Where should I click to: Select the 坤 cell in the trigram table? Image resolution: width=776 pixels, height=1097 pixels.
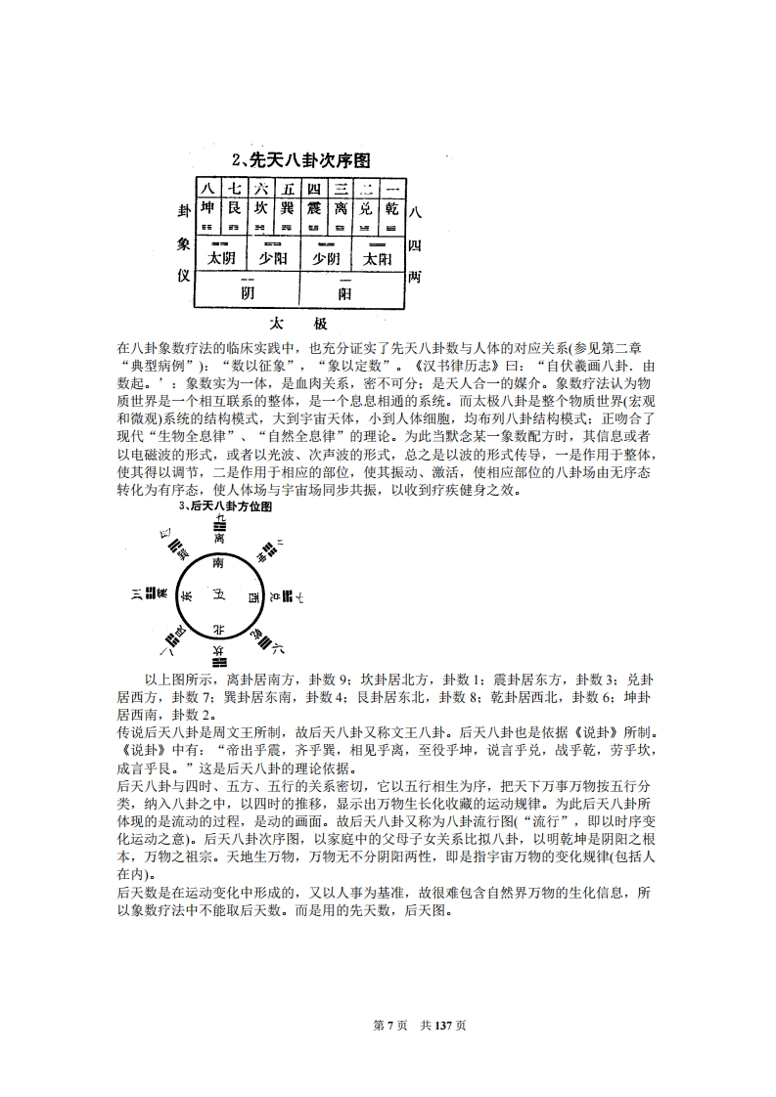pyautogui.click(x=207, y=208)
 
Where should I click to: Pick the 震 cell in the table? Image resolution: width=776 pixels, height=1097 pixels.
pyautogui.click(x=312, y=208)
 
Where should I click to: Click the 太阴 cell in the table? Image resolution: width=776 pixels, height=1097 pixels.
pyautogui.click(x=221, y=258)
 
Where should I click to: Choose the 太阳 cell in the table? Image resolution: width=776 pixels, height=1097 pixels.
pyautogui.click(x=377, y=258)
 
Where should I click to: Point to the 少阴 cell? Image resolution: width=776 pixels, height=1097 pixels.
pyautogui.click(x=325, y=258)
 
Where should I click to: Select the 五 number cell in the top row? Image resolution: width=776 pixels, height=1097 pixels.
pyautogui.click(x=286, y=189)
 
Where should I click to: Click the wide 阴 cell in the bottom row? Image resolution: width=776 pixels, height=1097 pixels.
pyautogui.click(x=247, y=291)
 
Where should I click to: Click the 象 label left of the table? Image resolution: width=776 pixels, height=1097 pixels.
pyautogui.click(x=182, y=244)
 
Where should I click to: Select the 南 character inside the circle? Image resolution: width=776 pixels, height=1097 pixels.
pyautogui.click(x=217, y=564)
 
